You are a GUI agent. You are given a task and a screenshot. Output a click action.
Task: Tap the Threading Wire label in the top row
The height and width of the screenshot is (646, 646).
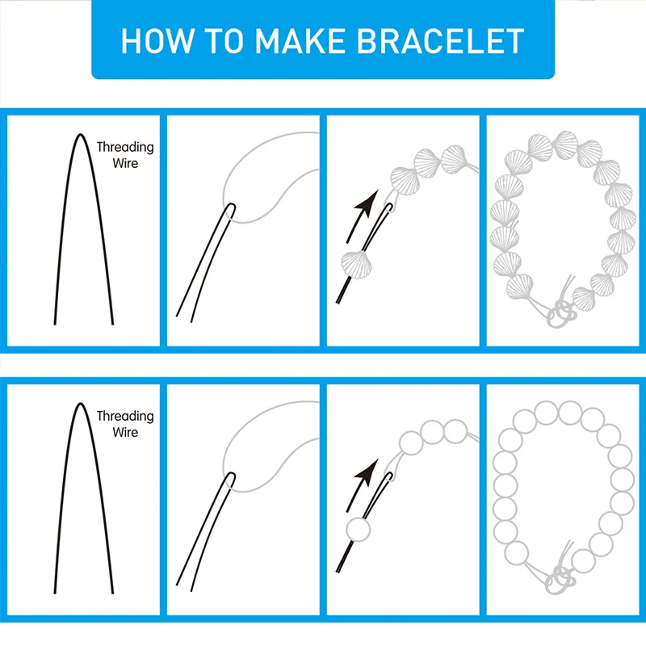124,155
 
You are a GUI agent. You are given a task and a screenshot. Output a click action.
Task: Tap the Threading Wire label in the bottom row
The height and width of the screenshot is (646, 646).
124,424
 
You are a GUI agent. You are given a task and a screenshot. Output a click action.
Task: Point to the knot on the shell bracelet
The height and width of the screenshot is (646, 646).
559,311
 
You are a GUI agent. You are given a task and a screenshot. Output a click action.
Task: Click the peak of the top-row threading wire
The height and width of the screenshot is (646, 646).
80,136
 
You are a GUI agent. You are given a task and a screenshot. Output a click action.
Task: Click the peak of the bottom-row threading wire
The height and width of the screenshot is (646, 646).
80,404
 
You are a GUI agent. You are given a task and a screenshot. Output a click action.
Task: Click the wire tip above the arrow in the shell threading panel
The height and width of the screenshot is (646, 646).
390,208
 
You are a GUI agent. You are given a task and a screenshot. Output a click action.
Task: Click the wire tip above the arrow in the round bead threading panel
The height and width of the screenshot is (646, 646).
390,477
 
